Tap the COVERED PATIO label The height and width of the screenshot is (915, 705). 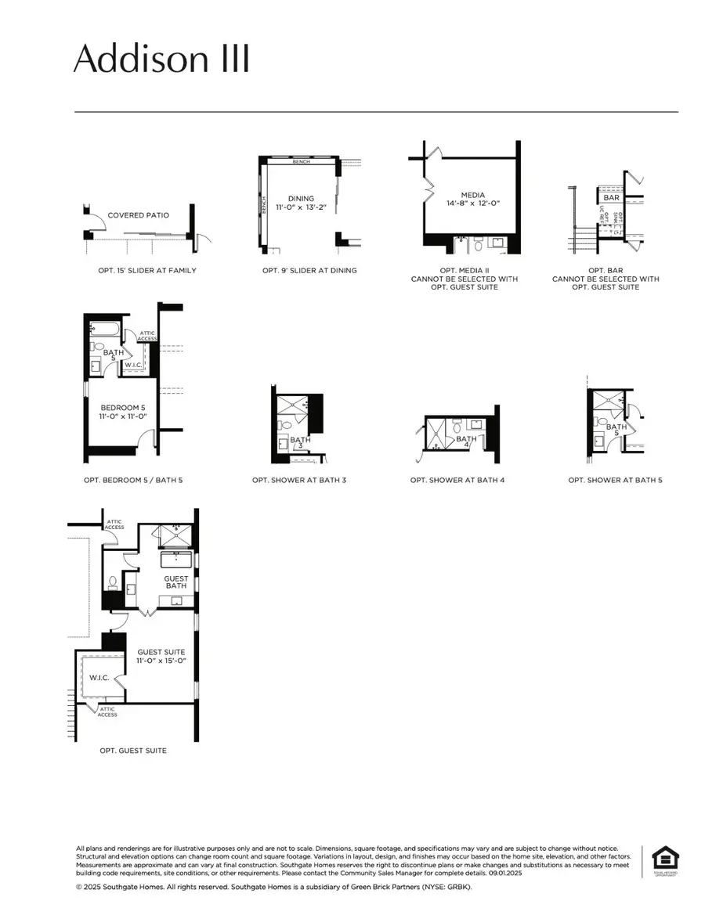click(139, 215)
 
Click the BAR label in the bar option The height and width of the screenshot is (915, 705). click(612, 198)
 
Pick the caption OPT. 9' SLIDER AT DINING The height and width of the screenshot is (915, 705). click(309, 271)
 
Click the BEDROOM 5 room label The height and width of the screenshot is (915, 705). click(120, 408)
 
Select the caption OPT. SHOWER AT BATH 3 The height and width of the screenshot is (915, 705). click(299, 480)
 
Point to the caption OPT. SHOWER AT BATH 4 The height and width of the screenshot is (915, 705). click(457, 480)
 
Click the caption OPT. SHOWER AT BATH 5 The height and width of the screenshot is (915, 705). click(615, 480)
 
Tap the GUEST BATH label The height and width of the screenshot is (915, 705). click(176, 583)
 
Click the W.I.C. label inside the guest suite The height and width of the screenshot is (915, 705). click(99, 678)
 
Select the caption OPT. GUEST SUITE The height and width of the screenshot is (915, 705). click(133, 751)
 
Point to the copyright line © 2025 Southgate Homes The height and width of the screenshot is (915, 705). click(274, 887)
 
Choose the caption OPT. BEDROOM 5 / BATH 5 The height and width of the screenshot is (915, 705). click(133, 480)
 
